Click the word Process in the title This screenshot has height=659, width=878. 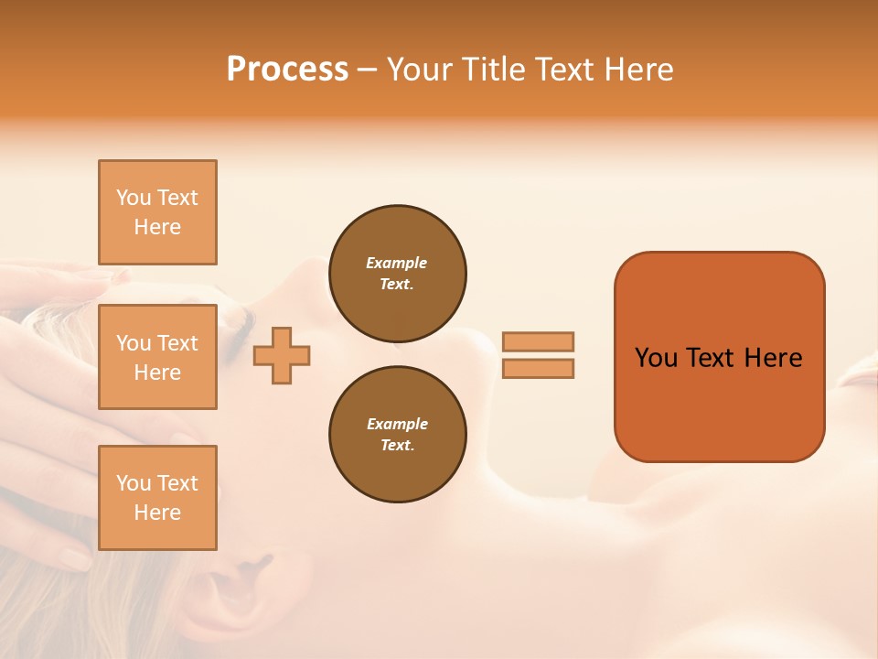click(287, 70)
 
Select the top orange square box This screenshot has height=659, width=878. click(157, 212)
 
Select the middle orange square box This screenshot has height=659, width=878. click(157, 357)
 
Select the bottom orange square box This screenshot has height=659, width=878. click(157, 498)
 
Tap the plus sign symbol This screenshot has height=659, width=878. click(282, 354)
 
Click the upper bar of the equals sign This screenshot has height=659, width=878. click(538, 341)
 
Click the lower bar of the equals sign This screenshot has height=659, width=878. click(538, 368)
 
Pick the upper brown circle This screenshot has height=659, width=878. click(397, 274)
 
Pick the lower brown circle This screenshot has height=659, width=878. click(397, 435)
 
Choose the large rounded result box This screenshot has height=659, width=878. click(719, 357)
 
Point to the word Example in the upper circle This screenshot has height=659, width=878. click(397, 263)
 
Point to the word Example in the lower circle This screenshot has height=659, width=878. click(397, 424)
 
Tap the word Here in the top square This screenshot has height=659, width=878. click(157, 227)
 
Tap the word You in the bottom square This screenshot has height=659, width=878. click(134, 483)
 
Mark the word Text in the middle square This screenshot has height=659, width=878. click(177, 343)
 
